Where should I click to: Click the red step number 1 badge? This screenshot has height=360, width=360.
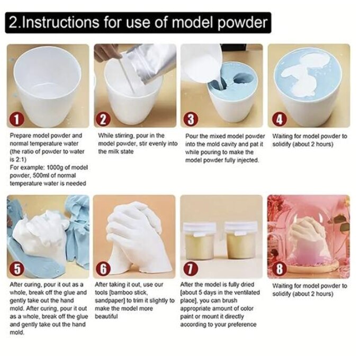(16, 120)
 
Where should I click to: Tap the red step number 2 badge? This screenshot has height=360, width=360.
(103, 120)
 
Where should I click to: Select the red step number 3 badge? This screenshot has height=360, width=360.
(191, 120)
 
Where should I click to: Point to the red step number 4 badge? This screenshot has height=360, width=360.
(279, 120)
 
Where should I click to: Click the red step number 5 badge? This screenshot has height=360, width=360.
(17, 269)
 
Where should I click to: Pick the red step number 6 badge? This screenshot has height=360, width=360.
(104, 269)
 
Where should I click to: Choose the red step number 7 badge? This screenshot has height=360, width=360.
(191, 269)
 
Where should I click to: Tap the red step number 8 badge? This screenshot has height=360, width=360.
(279, 269)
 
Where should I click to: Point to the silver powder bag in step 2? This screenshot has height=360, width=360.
(149, 62)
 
